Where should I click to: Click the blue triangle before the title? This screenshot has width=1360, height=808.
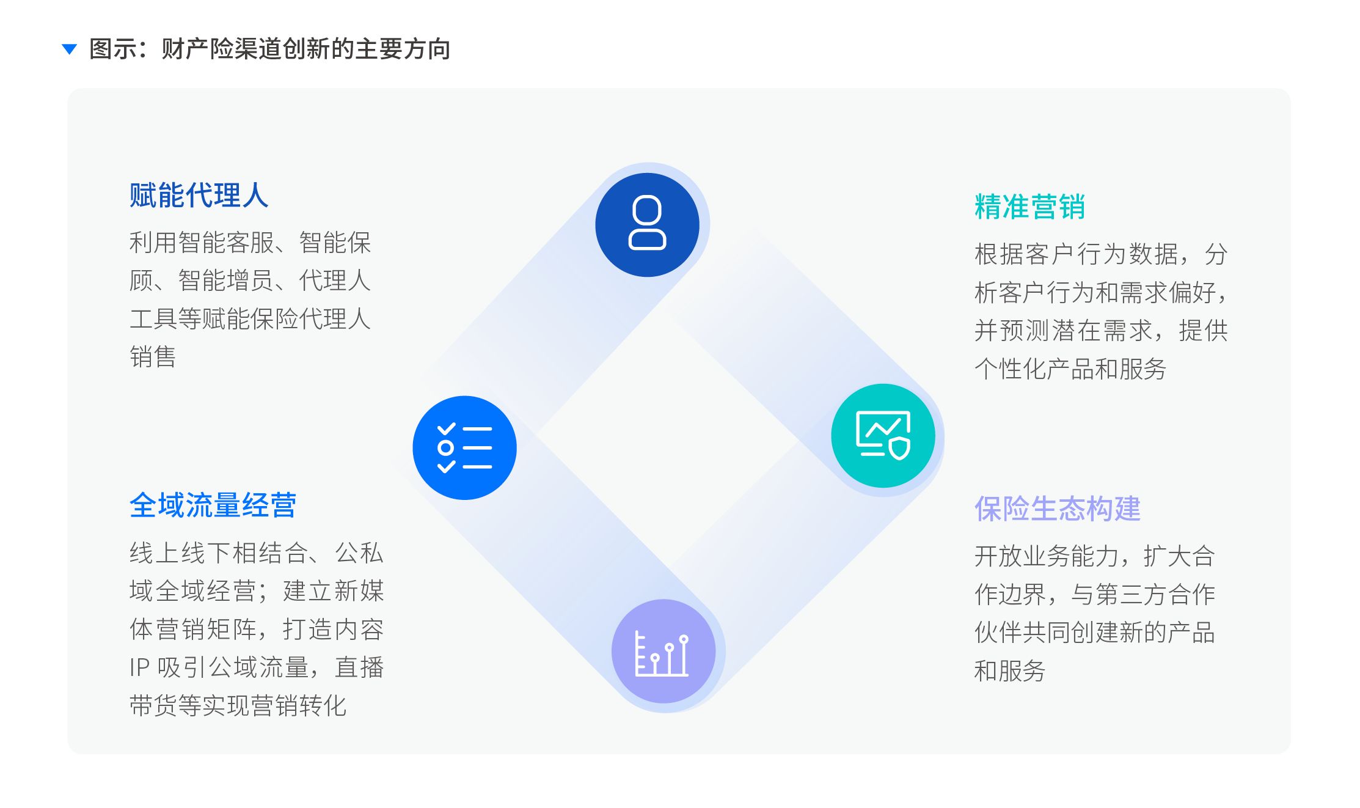(x=70, y=49)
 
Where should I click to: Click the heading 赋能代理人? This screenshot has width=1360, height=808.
(x=199, y=196)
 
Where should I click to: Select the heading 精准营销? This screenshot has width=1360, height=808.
(x=1029, y=207)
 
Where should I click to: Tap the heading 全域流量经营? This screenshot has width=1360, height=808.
(x=213, y=505)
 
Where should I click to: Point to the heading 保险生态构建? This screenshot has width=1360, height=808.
(x=1057, y=509)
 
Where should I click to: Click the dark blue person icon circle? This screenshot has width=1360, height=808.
(x=647, y=224)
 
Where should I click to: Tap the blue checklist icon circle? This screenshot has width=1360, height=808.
(x=464, y=447)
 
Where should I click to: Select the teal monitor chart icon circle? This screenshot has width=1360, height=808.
(x=883, y=435)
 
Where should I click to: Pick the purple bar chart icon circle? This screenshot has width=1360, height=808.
(x=663, y=652)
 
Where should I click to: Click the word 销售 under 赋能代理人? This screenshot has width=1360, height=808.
(x=153, y=357)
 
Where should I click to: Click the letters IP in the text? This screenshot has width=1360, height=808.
(x=139, y=667)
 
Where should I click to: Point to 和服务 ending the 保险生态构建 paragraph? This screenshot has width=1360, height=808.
(x=1009, y=671)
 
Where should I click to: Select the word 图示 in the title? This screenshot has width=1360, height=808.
(x=113, y=49)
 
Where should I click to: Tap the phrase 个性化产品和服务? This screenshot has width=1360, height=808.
(x=1070, y=369)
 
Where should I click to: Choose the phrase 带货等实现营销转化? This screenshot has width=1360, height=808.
(x=238, y=706)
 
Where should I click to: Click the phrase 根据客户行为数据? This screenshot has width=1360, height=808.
(x=1076, y=254)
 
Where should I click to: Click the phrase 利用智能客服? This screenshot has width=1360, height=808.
(x=202, y=243)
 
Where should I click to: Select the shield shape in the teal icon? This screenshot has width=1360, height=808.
(x=899, y=448)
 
